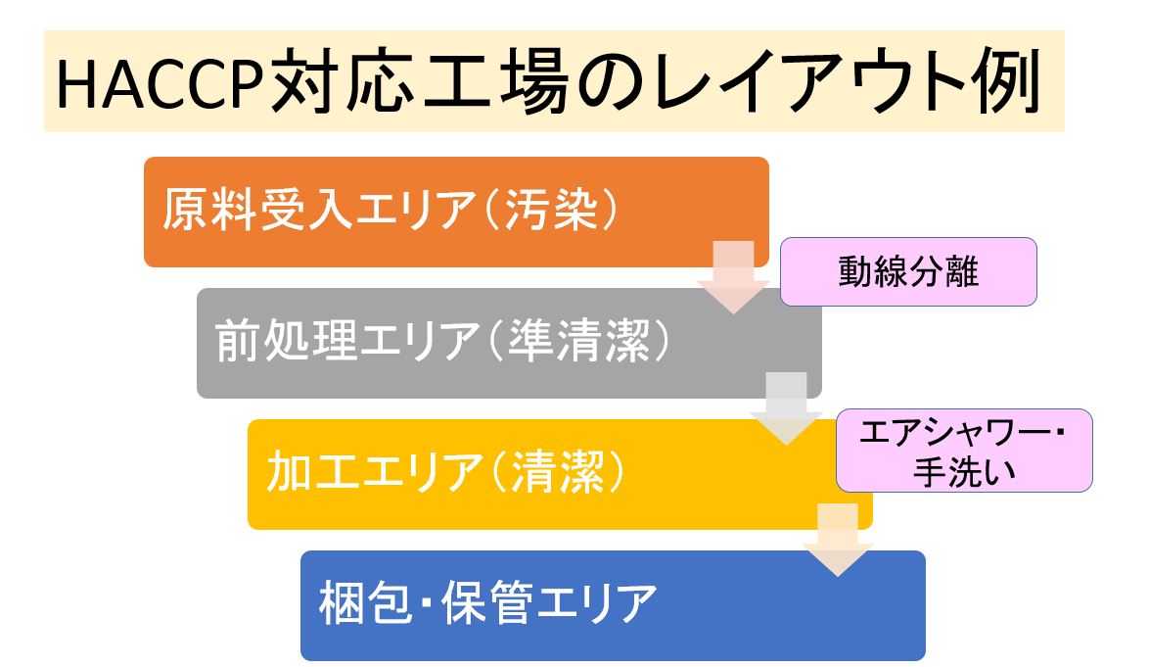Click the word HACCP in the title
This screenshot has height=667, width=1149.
[160, 83]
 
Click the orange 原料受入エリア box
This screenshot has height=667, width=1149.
[456, 212]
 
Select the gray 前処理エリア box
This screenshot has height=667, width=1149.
[509, 343]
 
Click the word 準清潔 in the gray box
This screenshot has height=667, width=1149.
[578, 341]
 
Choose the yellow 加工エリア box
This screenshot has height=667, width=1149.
[560, 474]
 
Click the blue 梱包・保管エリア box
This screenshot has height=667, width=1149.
[613, 605]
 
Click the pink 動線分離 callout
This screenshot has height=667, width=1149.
[908, 272]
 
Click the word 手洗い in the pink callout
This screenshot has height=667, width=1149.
[964, 472]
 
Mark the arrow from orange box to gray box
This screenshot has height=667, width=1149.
[733, 277]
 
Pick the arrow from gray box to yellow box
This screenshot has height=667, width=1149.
[786, 408]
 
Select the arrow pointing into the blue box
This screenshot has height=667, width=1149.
[839, 540]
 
